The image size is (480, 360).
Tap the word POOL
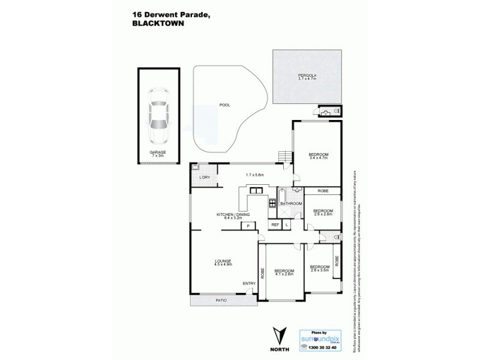point(224,105)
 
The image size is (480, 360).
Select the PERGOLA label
point(307,75)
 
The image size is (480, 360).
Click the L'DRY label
point(204,178)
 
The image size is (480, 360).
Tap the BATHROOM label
point(290,203)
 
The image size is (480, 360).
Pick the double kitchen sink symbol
point(256,191)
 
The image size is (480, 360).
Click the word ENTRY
point(248,284)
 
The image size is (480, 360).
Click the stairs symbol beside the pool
point(284,157)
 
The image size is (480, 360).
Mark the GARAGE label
point(158,152)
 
